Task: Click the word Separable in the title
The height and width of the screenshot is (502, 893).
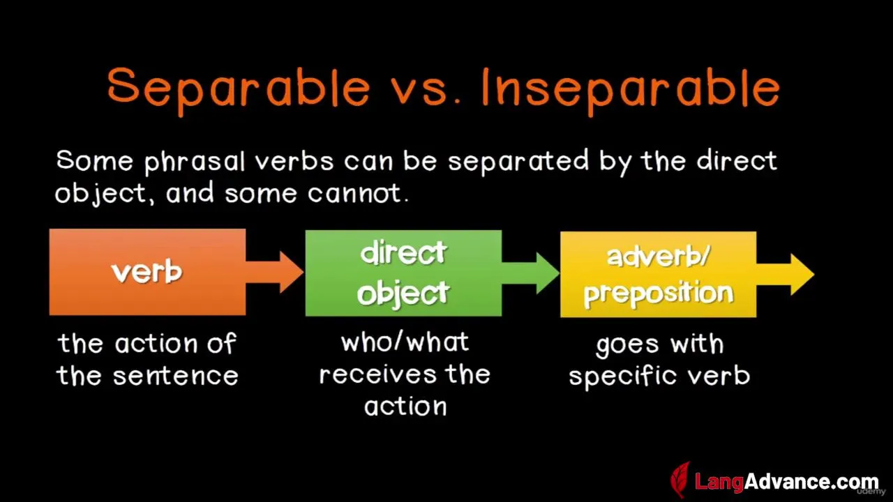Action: click(x=239, y=89)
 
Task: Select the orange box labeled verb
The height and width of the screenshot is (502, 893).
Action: click(x=147, y=272)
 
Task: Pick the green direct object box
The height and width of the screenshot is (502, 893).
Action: click(x=403, y=273)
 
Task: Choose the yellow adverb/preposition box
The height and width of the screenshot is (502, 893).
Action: click(x=658, y=275)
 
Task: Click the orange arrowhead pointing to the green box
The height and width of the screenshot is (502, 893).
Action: click(x=292, y=272)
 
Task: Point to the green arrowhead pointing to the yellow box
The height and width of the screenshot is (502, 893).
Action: click(x=548, y=273)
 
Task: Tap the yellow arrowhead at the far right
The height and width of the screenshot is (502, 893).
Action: click(x=802, y=275)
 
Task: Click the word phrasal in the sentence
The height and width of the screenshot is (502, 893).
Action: click(x=195, y=162)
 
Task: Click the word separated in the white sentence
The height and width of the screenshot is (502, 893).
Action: click(x=518, y=162)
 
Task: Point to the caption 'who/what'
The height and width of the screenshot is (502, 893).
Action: click(x=405, y=342)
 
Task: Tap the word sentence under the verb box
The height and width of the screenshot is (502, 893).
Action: click(x=176, y=376)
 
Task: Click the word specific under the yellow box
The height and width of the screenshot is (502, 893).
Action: click(x=624, y=376)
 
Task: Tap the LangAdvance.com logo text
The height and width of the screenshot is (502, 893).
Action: click(x=786, y=482)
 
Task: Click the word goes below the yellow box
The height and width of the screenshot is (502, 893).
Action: click(x=628, y=345)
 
